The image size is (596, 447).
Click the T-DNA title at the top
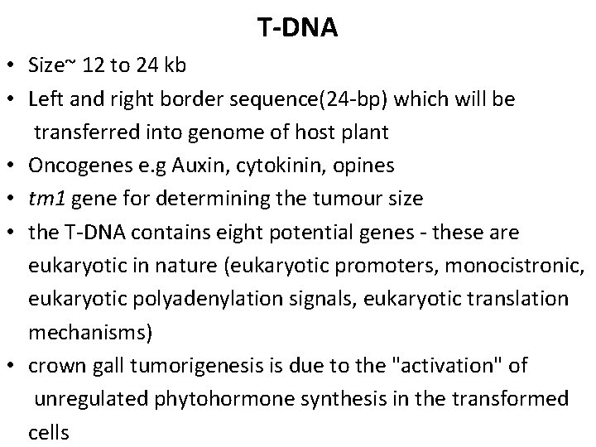pos(297,28)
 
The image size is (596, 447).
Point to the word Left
pos(45,99)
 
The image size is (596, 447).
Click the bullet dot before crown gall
pos(15,366)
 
